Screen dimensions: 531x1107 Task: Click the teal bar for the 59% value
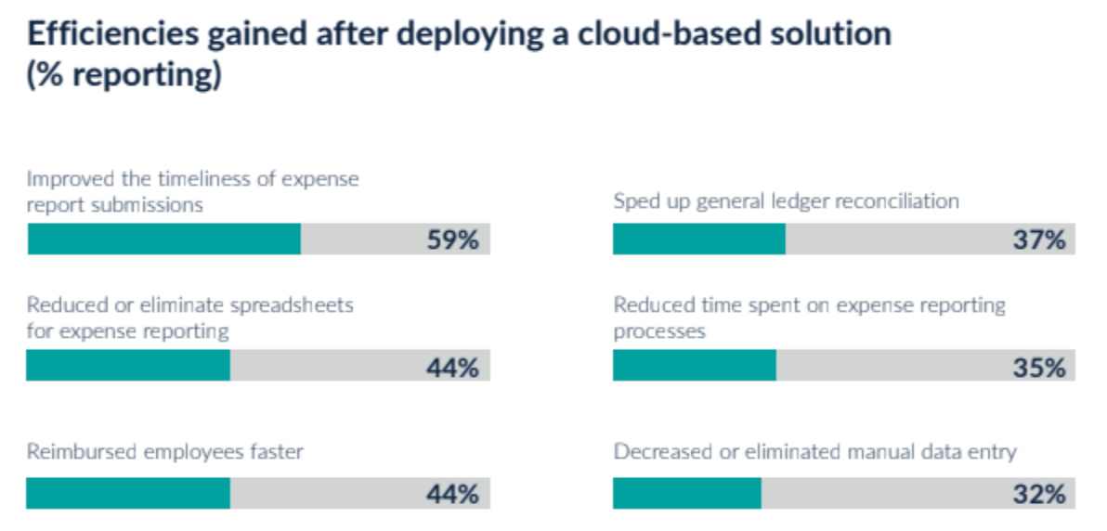click(164, 240)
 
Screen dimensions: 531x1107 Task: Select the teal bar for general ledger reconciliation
click(699, 240)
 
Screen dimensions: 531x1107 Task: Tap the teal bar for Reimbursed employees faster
click(128, 493)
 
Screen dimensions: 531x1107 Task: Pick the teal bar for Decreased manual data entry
click(687, 493)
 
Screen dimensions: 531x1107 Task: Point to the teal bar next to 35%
click(695, 366)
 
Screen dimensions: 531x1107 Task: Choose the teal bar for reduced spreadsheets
click(128, 366)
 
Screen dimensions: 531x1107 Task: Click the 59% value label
click(452, 240)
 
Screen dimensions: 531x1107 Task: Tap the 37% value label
click(1038, 240)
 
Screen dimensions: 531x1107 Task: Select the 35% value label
click(1038, 367)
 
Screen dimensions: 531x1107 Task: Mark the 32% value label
click(1038, 494)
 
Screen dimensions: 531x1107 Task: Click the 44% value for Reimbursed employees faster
click(452, 494)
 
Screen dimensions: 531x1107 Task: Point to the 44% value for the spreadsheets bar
click(452, 367)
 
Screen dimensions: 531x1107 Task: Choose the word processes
click(659, 330)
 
